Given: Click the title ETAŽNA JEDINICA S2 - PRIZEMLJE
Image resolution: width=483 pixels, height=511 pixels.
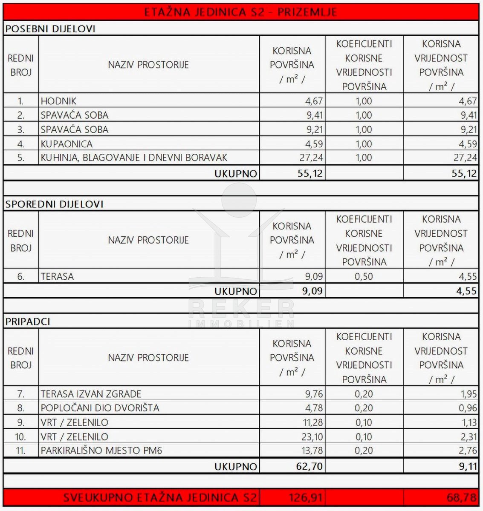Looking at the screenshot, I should pos(241,12).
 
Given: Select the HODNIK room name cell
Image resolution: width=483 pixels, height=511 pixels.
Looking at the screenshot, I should pos(59,101).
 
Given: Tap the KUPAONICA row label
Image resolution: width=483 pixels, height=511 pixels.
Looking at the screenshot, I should pos(67,144).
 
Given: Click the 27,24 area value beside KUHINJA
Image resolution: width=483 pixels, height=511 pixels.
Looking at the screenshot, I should pos(311,158).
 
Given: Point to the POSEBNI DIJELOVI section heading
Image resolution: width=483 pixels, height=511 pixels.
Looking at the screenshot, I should pos(50,29).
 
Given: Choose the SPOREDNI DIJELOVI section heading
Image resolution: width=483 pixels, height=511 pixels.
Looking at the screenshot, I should pos(55,204).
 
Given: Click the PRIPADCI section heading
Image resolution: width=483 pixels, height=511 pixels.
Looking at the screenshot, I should pos(28,322).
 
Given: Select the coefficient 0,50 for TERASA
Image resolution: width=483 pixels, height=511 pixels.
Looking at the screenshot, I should pos(364,276).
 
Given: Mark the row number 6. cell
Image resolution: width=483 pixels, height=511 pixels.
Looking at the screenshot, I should pos(21,276).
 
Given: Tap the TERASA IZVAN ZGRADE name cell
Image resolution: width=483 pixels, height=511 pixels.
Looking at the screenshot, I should pos(91,394).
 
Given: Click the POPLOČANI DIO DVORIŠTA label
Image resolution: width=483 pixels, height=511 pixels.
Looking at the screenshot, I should pos(100,408).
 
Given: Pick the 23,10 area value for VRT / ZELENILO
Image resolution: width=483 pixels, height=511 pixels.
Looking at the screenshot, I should pos(311,437).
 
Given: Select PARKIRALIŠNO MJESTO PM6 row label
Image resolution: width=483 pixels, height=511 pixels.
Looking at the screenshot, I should pos(101,451).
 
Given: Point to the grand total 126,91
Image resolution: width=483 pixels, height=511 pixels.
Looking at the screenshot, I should pos(306,497).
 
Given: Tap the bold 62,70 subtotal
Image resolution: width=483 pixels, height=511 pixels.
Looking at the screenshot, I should pos(309,466).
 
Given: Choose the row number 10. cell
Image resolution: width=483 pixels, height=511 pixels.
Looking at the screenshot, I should pos(20,437).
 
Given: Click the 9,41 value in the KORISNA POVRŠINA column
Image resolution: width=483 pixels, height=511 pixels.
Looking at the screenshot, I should pos(314,115).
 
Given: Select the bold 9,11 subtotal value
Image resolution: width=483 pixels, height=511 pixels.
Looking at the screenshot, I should pos(468,466).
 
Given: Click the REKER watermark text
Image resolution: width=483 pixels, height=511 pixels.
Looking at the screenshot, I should pos(241,308).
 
